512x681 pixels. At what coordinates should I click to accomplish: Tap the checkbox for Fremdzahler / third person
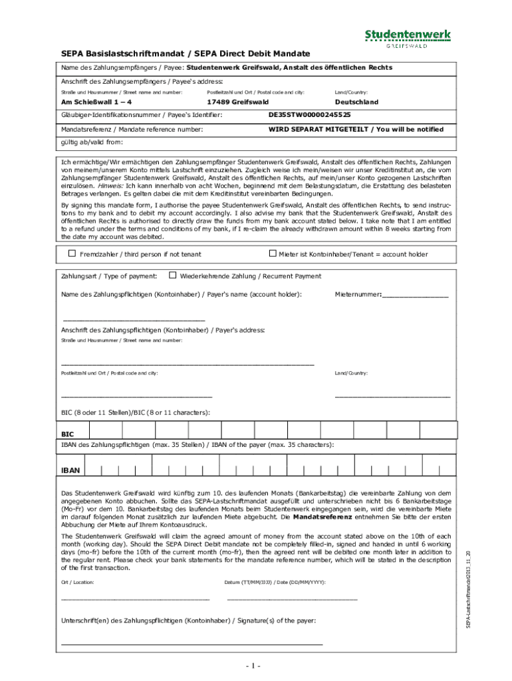coord(72,253)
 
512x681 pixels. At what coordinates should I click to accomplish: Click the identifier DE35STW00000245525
coord(309,115)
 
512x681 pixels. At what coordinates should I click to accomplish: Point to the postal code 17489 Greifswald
coord(237,102)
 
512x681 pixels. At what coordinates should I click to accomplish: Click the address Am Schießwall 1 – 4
coord(96,102)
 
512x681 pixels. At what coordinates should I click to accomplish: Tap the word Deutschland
coord(356,102)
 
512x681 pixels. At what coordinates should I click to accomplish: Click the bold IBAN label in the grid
coord(70,470)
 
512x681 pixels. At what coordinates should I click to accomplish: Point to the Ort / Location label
coord(77,582)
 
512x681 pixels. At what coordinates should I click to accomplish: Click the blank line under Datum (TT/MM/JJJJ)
coord(292,599)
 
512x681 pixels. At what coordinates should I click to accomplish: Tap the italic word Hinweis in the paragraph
coord(110,187)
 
